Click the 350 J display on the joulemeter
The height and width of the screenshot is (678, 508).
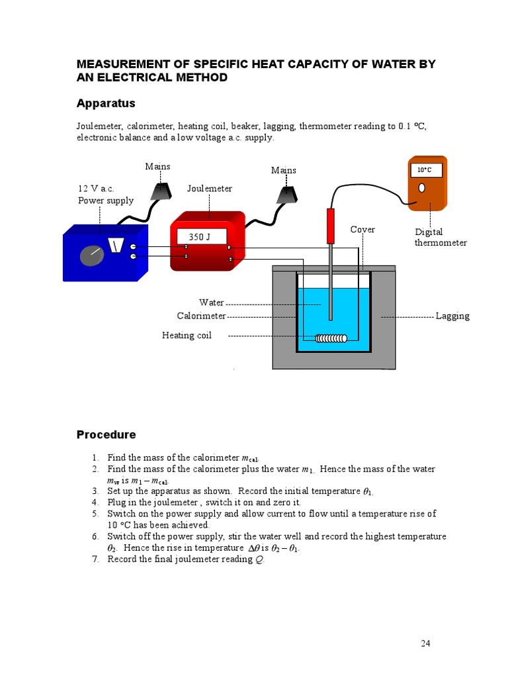[x=199, y=236]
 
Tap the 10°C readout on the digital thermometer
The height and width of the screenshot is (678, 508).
[x=425, y=170]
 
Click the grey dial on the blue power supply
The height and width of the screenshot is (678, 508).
[x=91, y=256]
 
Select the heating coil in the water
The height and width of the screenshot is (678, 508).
[x=331, y=339]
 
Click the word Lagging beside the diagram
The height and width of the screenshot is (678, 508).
[x=452, y=316]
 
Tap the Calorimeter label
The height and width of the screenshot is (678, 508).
[x=201, y=316]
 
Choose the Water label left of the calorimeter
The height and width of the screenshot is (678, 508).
[x=212, y=303]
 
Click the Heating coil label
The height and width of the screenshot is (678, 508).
[x=187, y=336]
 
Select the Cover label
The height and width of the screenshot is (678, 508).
[x=362, y=230]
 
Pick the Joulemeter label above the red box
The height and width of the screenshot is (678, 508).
[x=210, y=189]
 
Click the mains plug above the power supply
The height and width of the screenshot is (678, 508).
[x=161, y=191]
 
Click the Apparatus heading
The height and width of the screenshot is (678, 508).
[x=106, y=103]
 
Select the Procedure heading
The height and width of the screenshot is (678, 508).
[x=106, y=434]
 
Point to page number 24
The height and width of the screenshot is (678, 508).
[x=425, y=643]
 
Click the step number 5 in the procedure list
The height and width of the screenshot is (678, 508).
[x=95, y=513]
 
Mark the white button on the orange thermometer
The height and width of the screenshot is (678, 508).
[x=421, y=187]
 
